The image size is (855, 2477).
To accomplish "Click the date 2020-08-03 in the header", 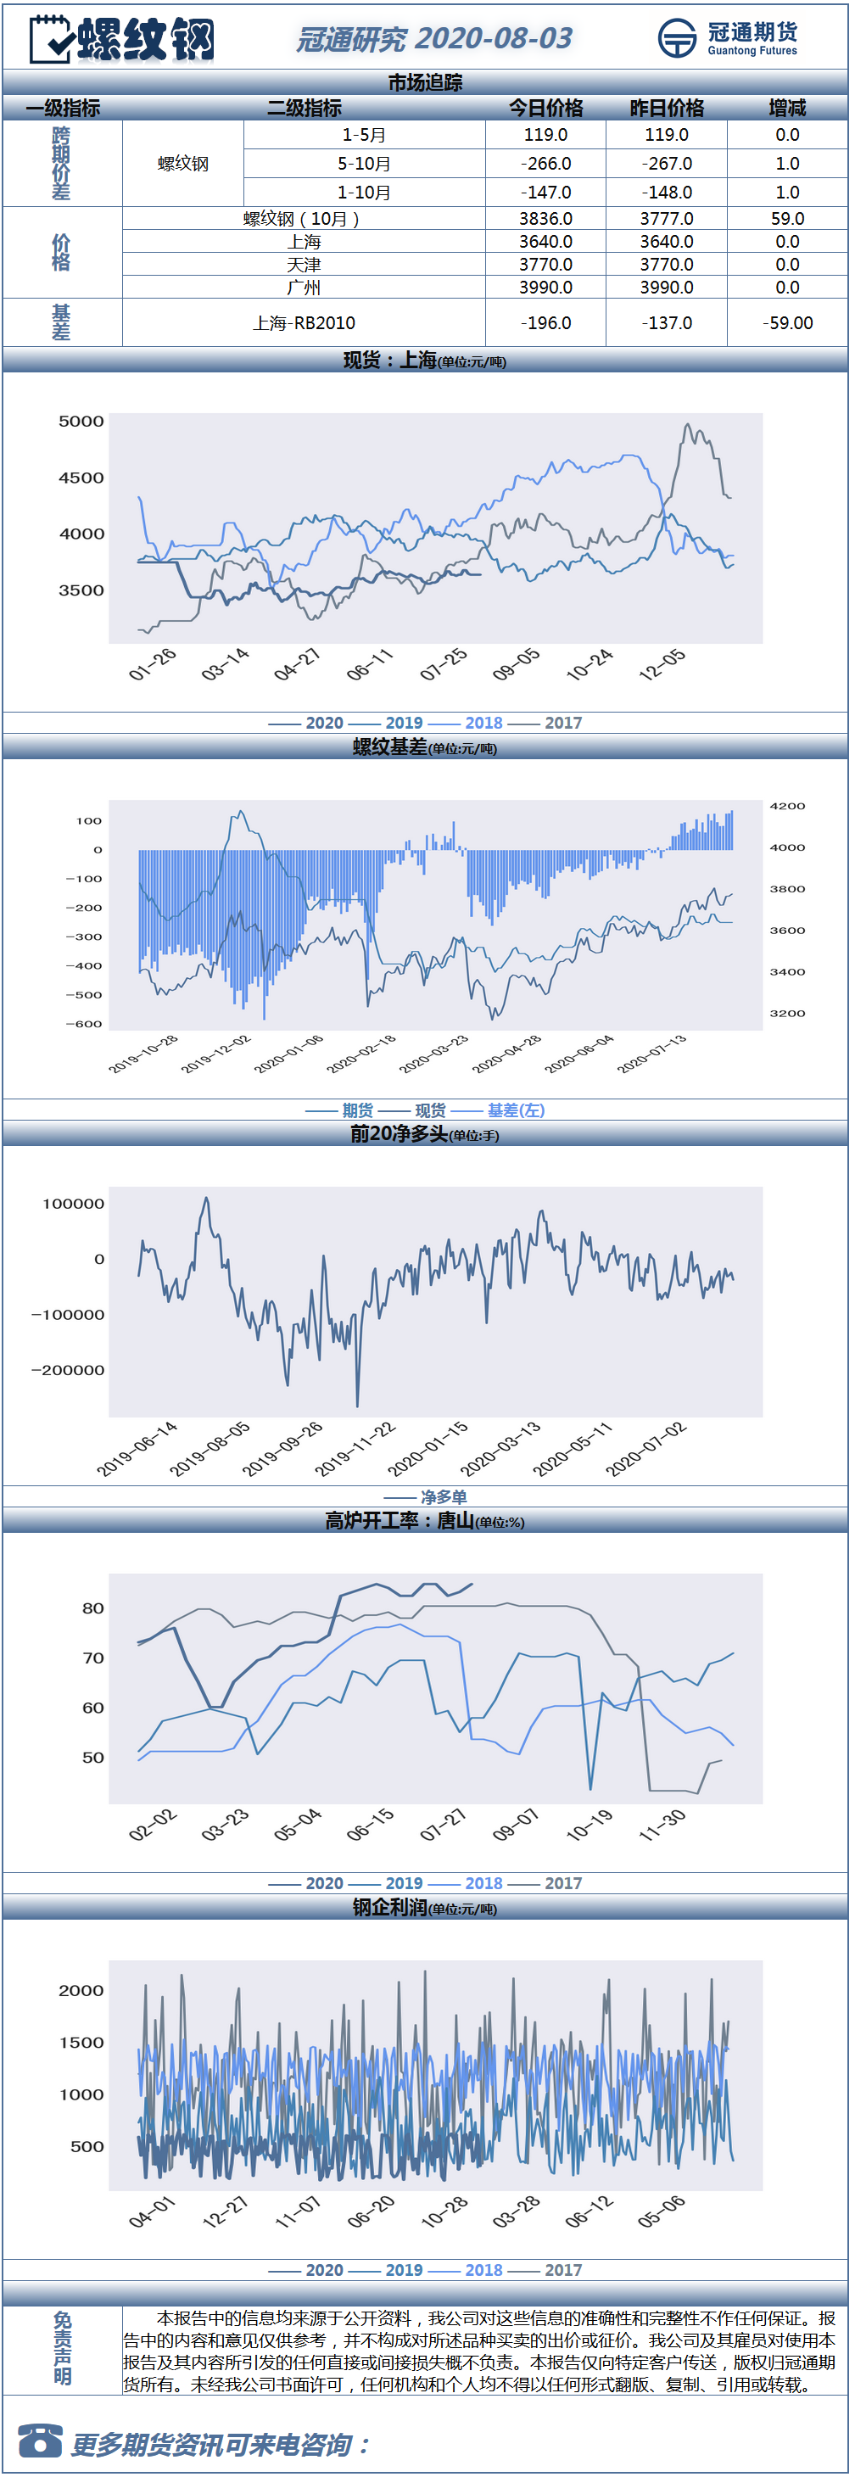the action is pyautogui.click(x=494, y=38).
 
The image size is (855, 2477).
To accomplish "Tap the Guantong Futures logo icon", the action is pyautogui.click(x=677, y=38).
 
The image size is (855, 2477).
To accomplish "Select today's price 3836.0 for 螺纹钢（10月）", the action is pyautogui.click(x=545, y=219).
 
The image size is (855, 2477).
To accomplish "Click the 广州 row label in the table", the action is pyautogui.click(x=304, y=288).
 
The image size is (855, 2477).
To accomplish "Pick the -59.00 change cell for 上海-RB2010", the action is pyautogui.click(x=788, y=323).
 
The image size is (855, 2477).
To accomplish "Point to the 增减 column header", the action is pyautogui.click(x=788, y=108).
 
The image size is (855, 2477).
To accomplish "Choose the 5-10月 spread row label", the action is pyautogui.click(x=364, y=164).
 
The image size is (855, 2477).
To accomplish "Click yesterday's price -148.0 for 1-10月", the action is pyautogui.click(x=667, y=193).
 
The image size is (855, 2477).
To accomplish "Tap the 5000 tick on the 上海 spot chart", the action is pyautogui.click(x=81, y=421).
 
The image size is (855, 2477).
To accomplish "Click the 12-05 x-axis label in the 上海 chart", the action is pyautogui.click(x=662, y=664).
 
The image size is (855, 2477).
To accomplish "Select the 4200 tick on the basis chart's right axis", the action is pyautogui.click(x=788, y=806).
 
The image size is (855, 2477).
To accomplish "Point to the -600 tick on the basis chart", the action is pyautogui.click(x=84, y=1024).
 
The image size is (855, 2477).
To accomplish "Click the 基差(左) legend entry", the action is pyautogui.click(x=516, y=1110).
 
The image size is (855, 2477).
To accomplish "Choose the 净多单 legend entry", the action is pyautogui.click(x=444, y=1497).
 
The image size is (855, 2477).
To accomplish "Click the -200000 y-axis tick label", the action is pyautogui.click(x=67, y=1370).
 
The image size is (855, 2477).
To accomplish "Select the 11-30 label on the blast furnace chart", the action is pyautogui.click(x=662, y=1825).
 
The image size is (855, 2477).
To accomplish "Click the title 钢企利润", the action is pyautogui.click(x=389, y=1907).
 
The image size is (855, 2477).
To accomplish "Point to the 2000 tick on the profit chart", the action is pyautogui.click(x=81, y=1990).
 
